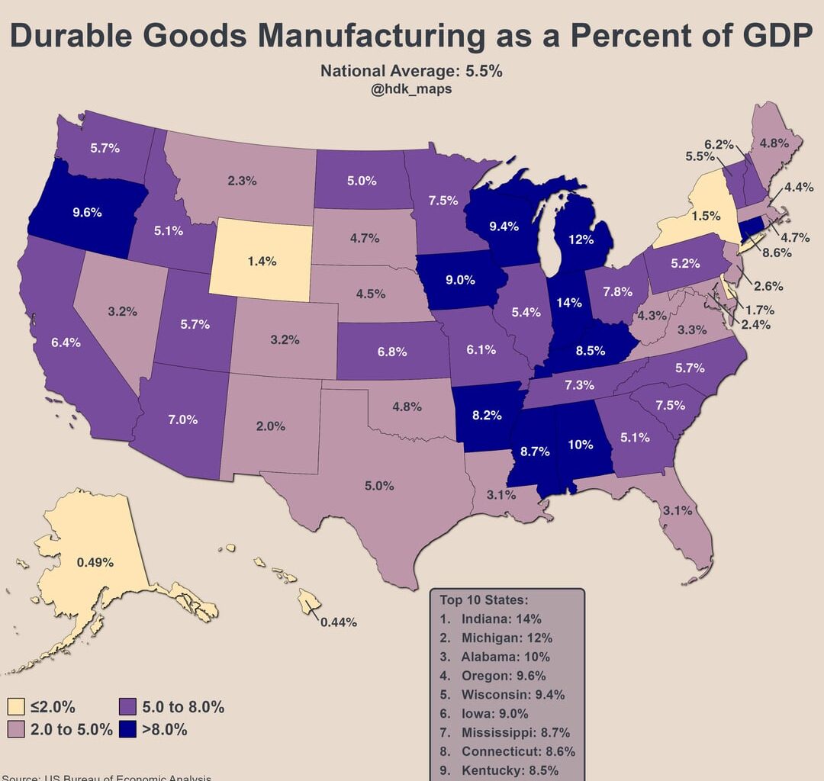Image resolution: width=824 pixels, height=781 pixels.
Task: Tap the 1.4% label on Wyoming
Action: coord(262,261)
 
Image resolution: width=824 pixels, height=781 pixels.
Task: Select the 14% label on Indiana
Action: coord(569,301)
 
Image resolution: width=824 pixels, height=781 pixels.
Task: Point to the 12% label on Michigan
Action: coord(581,239)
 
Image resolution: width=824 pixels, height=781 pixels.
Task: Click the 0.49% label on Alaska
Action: coord(95,563)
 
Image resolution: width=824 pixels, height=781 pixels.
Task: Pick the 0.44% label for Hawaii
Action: coord(339,622)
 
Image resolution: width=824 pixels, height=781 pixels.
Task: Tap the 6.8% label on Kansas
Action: coord(392,352)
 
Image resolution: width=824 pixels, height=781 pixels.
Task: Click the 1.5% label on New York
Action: coord(706,216)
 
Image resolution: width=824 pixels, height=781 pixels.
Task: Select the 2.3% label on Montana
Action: coord(242,182)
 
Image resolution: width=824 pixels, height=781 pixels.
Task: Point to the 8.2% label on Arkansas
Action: coord(487,416)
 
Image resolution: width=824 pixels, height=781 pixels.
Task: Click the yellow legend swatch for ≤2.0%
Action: coord(16,707)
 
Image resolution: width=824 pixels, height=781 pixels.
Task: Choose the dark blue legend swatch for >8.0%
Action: coord(127,729)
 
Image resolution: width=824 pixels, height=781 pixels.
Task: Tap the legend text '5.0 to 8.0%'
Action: coord(183,707)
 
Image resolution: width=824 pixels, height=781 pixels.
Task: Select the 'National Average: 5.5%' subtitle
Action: coord(410,72)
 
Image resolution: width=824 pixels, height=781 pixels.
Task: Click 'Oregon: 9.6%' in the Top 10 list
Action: coord(504,676)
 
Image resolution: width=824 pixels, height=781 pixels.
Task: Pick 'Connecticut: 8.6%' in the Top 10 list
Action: coord(512,751)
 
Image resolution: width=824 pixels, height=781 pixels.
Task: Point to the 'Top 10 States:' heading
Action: coord(484,600)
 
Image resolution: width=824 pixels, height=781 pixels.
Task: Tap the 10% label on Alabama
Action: coord(580,445)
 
